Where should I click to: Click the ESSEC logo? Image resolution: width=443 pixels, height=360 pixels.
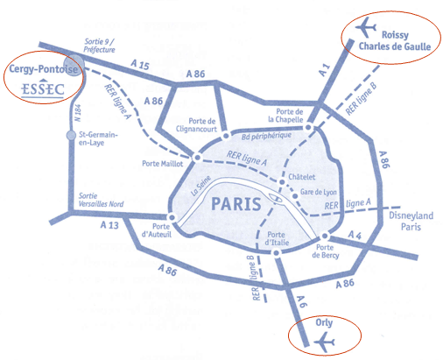coord(38,88)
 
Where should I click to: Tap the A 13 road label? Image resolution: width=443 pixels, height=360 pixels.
coord(109,225)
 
